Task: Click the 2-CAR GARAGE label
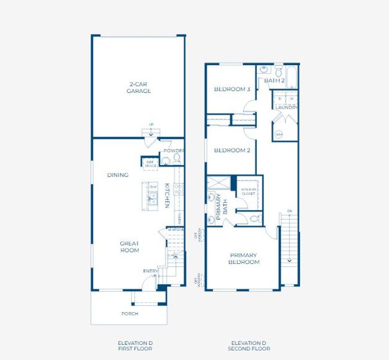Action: click(138, 88)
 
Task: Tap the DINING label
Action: click(118, 175)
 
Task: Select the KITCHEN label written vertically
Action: click(167, 196)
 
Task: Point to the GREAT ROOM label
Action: click(129, 247)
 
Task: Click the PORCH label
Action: click(129, 314)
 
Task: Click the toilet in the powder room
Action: click(177, 159)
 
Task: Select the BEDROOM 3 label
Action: click(232, 89)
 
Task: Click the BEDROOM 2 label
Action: click(232, 150)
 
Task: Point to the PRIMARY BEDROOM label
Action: click(244, 259)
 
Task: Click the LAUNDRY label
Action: click(286, 108)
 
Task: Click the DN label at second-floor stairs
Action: click(289, 211)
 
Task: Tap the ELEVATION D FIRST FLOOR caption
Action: click(135, 345)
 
